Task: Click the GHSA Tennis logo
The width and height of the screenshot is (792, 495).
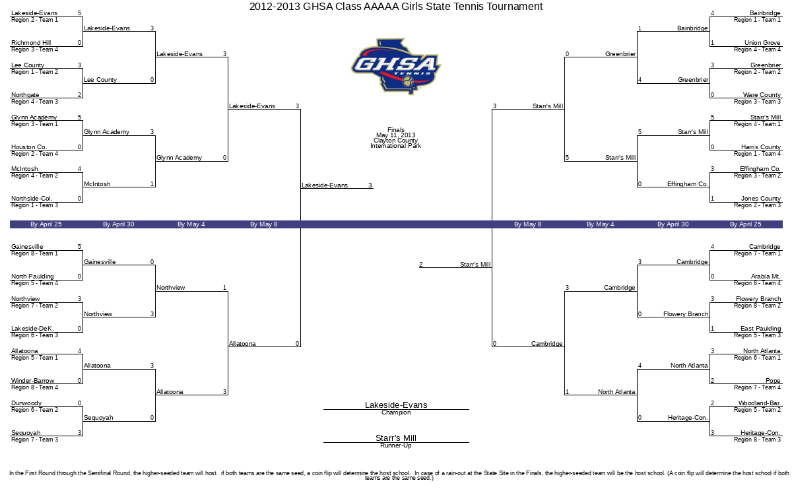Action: [396, 67]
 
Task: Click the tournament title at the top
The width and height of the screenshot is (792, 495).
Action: [396, 7]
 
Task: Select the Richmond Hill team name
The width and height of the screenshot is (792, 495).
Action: [31, 43]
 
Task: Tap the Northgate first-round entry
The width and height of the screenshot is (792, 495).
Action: [25, 95]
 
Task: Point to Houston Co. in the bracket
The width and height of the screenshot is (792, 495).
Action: [29, 147]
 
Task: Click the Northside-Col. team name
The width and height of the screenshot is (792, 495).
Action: [32, 199]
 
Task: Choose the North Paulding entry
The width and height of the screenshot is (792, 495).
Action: [32, 276]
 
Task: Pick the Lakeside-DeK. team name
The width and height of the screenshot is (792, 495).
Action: [32, 328]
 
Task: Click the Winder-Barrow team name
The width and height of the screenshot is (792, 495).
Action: [33, 380]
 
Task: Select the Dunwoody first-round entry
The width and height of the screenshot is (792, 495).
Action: [26, 403]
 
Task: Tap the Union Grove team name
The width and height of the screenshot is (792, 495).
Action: [762, 43]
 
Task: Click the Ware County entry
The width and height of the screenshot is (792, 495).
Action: [762, 95]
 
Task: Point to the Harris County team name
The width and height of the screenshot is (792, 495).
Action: [761, 147]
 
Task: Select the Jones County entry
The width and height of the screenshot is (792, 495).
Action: [761, 199]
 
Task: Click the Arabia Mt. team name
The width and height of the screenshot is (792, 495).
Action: [766, 276]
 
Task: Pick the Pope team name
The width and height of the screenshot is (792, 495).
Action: [773, 380]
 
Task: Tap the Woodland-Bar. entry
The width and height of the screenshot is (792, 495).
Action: [760, 403]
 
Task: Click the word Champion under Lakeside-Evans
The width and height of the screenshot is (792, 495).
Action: [396, 412]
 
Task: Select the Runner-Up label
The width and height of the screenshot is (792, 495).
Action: [396, 445]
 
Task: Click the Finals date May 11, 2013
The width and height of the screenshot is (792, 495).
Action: [395, 135]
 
